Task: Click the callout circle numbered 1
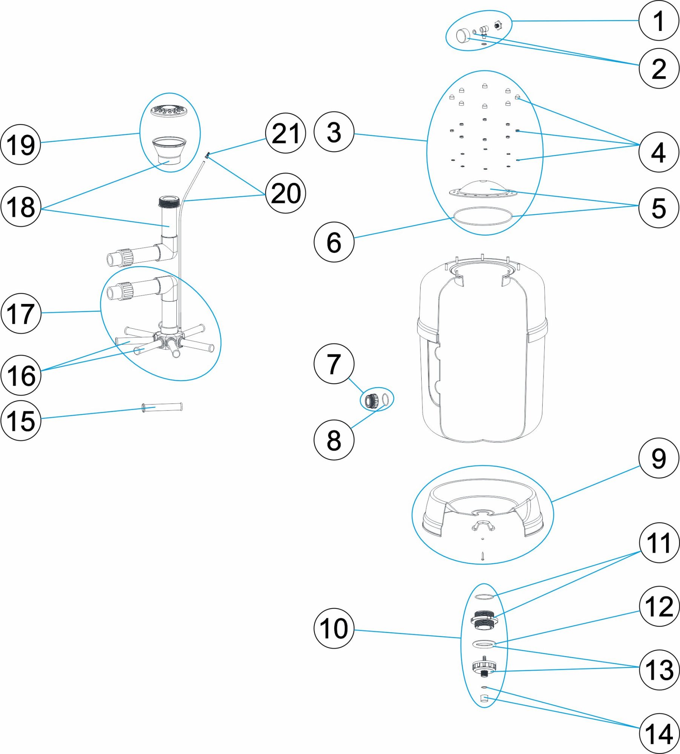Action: click(658, 21)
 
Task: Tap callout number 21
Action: click(286, 133)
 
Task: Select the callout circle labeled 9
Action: click(658, 458)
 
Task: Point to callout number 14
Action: click(659, 734)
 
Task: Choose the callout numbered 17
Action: click(21, 313)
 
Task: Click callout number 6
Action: click(334, 242)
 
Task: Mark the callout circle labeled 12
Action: click(659, 607)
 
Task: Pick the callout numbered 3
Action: click(334, 132)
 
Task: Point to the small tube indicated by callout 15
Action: click(162, 407)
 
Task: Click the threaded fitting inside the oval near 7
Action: click(371, 399)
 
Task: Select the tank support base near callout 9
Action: click(483, 505)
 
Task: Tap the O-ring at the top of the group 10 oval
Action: click(484, 596)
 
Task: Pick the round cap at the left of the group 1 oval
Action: click(462, 36)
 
